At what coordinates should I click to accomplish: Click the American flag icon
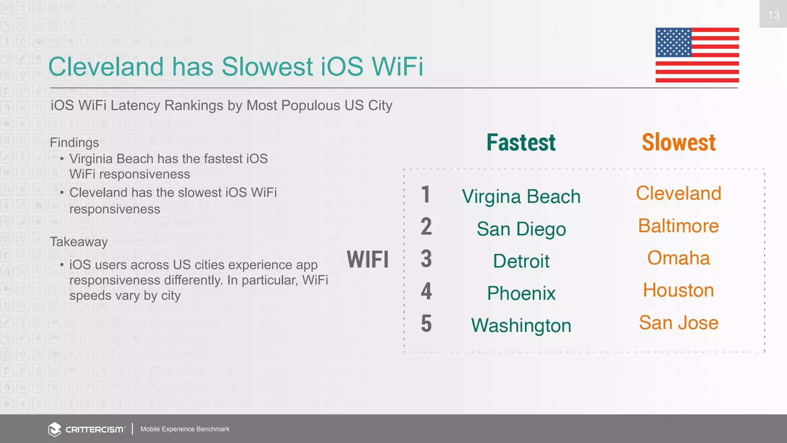tap(697, 55)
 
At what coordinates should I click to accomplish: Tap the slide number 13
tap(773, 15)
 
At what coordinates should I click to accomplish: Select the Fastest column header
tap(521, 143)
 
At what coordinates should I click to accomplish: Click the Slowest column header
tap(679, 143)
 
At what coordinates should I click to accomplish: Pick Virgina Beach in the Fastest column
tap(521, 197)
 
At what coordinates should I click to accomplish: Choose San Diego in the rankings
tap(521, 229)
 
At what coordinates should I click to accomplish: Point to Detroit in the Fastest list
tap(521, 261)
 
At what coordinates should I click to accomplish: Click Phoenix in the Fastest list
tap(521, 293)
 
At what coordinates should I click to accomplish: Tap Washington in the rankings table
tap(521, 326)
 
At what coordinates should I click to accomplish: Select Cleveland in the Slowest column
tap(679, 193)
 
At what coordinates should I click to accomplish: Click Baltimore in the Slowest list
tap(679, 226)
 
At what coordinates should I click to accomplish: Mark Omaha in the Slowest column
tap(679, 258)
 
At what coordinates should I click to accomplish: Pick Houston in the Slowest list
tap(679, 290)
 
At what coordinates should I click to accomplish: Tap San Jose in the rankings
tap(679, 323)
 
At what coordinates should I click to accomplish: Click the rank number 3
tap(426, 259)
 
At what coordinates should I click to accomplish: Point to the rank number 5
tap(426, 323)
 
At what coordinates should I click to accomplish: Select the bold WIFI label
tap(368, 259)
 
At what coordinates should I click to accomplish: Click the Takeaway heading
tap(79, 242)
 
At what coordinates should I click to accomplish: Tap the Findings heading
tap(75, 143)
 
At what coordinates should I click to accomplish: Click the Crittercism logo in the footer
tap(87, 429)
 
